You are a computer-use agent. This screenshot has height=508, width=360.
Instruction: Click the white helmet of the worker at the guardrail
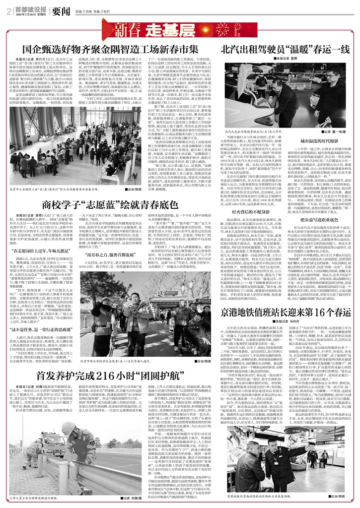point(67,428)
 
